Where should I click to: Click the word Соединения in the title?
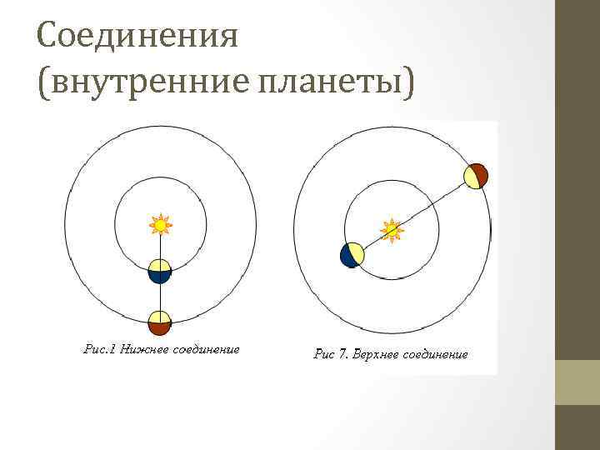click(x=137, y=36)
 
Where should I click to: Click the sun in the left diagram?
click(x=160, y=224)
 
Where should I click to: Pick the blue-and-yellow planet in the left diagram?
click(x=160, y=272)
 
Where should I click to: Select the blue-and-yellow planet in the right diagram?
click(x=352, y=255)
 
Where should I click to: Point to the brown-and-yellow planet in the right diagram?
click(x=475, y=176)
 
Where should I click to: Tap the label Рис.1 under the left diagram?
click(x=100, y=350)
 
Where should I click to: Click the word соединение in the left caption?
click(x=205, y=350)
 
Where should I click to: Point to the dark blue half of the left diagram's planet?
click(x=160, y=278)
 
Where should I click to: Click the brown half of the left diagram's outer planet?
click(x=160, y=327)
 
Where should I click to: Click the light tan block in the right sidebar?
click(x=577, y=382)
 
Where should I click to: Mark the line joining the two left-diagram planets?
click(x=160, y=297)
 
